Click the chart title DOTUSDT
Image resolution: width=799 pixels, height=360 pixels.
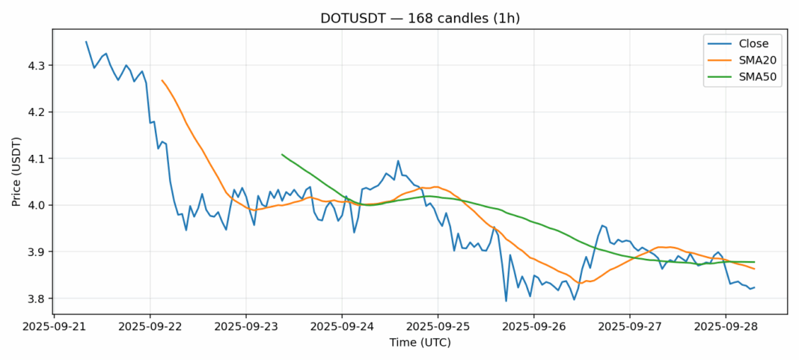pos(420,19)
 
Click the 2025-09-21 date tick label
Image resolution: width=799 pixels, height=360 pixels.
pos(54,326)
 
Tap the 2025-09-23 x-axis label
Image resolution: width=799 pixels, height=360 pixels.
pos(246,326)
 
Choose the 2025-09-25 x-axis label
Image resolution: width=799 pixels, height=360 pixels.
pos(438,326)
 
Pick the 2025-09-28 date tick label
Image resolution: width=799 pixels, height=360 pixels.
pos(726,326)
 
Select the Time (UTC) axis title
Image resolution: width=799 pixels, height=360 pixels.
pos(420,342)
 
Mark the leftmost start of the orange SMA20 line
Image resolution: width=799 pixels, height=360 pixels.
pos(162,80)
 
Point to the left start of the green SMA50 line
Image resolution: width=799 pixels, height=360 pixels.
pos(282,154)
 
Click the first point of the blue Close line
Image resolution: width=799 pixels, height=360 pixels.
pos(86,42)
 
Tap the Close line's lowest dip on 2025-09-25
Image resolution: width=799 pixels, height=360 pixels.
pos(506,301)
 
